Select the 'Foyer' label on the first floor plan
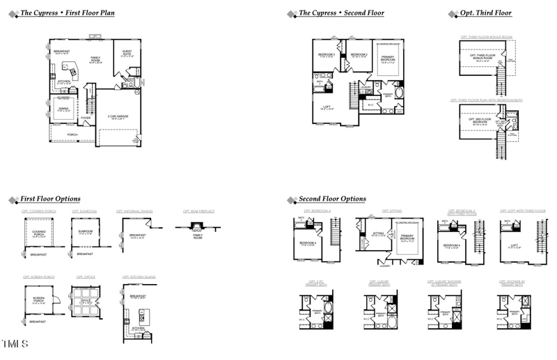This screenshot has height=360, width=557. point(86,118)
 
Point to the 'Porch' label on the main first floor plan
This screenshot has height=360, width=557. point(72,134)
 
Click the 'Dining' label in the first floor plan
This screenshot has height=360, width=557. point(63,109)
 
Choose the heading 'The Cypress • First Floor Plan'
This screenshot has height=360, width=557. point(68,13)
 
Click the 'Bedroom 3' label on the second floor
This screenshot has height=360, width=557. point(327,54)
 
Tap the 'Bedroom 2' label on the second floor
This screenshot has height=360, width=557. point(359,54)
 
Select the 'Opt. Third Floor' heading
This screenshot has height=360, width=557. point(485,13)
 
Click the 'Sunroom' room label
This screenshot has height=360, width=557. point(86,233)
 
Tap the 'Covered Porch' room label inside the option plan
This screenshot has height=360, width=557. point(38,235)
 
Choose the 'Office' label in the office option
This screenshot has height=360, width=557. point(86,303)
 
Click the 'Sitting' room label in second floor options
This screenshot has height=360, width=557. point(379,235)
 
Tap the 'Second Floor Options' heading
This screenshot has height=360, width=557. point(332,199)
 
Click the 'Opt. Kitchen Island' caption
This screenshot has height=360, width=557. point(139,277)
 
